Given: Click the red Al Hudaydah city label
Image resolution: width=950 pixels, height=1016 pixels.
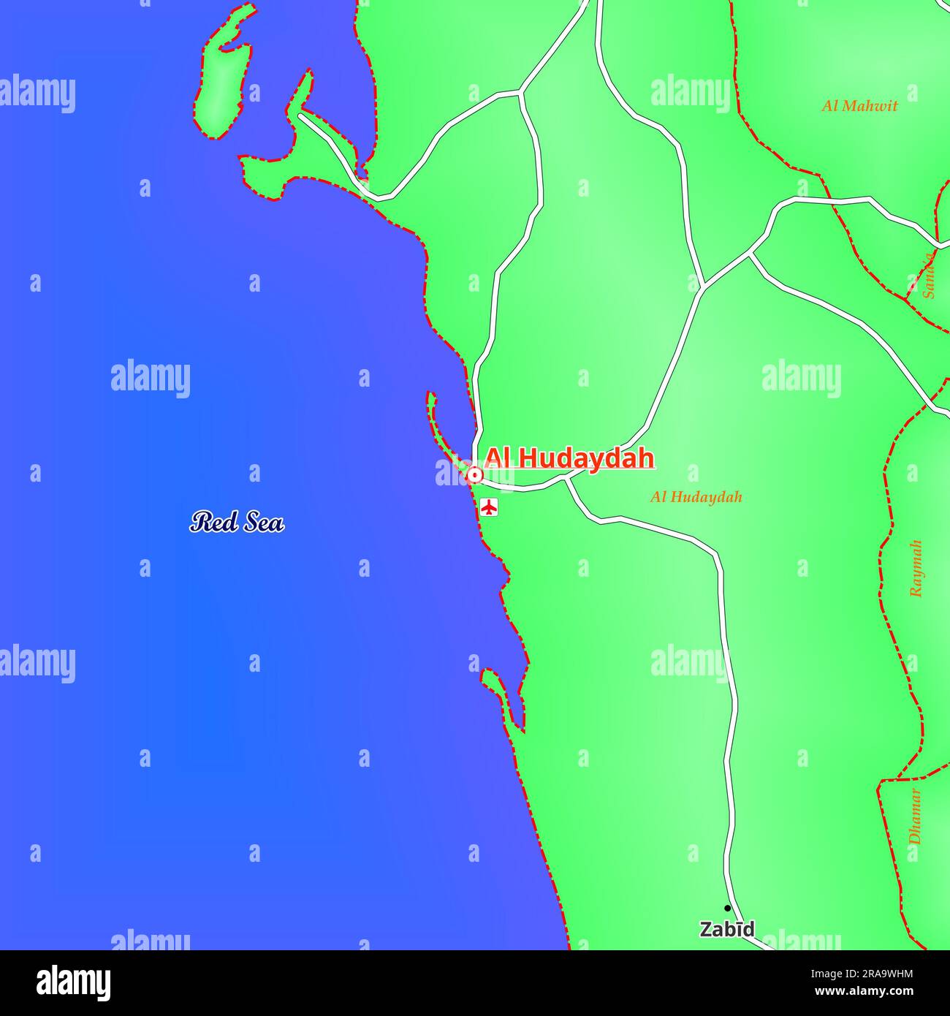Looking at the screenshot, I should [569, 458].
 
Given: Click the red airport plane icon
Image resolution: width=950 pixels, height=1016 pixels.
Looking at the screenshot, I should [489, 506].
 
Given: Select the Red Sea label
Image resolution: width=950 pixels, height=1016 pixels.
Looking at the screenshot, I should [237, 522].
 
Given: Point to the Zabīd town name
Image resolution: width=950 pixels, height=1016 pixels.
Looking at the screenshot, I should [726, 930].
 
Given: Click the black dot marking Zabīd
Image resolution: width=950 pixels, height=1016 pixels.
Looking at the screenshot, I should [727, 909].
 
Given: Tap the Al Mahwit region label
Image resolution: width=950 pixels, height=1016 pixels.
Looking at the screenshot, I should [859, 106].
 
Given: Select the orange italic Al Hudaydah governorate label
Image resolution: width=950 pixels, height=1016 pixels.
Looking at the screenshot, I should [696, 497].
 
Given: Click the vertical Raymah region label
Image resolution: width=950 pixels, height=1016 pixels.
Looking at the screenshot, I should [916, 569].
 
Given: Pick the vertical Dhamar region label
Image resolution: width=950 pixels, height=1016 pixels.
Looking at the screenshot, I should [915, 816].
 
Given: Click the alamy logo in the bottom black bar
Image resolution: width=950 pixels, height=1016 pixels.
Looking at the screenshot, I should [73, 983].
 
